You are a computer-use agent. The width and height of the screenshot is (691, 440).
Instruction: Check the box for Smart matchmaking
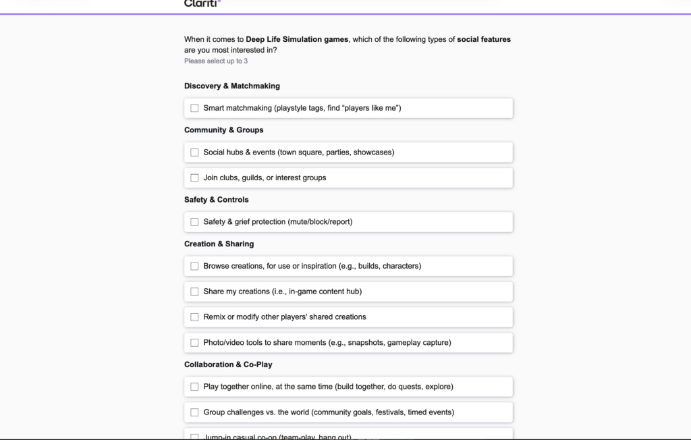coord(194,108)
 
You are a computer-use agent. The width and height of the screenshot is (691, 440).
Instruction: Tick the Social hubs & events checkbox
coord(194,153)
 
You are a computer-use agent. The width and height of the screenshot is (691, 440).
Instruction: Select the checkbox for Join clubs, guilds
coord(194,178)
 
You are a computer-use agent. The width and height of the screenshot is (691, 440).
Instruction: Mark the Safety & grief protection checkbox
coord(194,222)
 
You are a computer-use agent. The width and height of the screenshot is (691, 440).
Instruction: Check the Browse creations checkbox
coord(194,266)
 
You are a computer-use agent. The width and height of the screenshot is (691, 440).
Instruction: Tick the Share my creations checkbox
coord(194,292)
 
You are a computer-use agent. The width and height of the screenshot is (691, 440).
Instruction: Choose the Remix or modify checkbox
coord(194,317)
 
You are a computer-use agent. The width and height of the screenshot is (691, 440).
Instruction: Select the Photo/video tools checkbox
coord(194,343)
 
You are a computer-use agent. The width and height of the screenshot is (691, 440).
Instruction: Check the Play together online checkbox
coord(194,387)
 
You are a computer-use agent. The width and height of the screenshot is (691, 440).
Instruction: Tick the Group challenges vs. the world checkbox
coord(194,412)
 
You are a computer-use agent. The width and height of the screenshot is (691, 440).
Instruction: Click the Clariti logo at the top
coord(202,3)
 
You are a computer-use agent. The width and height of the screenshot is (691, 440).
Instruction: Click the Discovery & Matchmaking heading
coord(231,86)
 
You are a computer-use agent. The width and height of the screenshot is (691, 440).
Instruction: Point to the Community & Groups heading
coord(223,130)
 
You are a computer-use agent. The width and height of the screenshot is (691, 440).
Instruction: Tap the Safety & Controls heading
coord(216,200)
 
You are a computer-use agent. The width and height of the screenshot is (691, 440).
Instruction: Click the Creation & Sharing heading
coord(219,244)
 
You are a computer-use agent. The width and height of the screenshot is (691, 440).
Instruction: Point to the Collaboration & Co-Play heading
coord(228,364)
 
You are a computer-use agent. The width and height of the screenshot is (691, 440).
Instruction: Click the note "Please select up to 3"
coord(215,61)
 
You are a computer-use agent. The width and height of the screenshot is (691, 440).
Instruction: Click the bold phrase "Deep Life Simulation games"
coord(297,39)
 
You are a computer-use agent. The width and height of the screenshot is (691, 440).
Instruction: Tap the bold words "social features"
coord(484,39)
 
